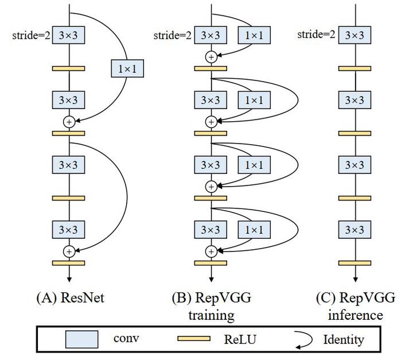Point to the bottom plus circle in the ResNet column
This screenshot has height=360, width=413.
(69, 251)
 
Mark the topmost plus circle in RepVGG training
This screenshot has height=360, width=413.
(211, 56)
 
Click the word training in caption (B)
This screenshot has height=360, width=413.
(211, 315)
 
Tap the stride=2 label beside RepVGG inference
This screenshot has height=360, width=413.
(316, 35)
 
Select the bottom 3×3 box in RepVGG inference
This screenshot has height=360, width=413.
(354, 230)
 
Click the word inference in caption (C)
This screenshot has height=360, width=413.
(353, 315)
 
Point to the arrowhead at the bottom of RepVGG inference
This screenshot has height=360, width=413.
(354, 278)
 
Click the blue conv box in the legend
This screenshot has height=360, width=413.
(81, 339)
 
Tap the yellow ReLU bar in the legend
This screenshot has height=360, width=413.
(194, 339)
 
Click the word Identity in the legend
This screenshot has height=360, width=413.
(343, 339)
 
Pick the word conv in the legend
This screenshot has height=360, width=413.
(126, 339)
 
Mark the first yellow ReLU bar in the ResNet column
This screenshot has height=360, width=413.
(69, 68)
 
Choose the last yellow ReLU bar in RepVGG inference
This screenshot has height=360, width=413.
(354, 262)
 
